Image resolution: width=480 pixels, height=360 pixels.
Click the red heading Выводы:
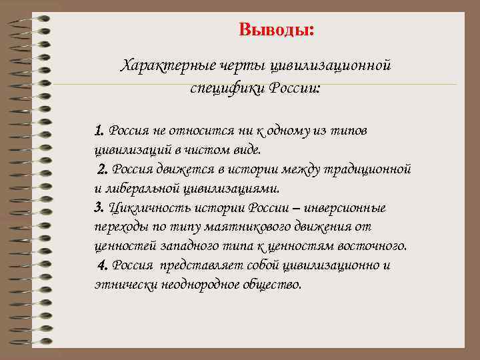click(x=277, y=31)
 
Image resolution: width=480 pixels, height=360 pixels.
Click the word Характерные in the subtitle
click(x=157, y=67)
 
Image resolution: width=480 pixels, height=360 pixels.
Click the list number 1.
click(x=99, y=129)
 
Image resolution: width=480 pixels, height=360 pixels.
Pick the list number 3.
click(x=99, y=207)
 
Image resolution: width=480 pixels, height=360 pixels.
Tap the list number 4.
click(x=103, y=265)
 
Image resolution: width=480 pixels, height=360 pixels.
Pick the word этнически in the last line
click(x=121, y=285)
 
